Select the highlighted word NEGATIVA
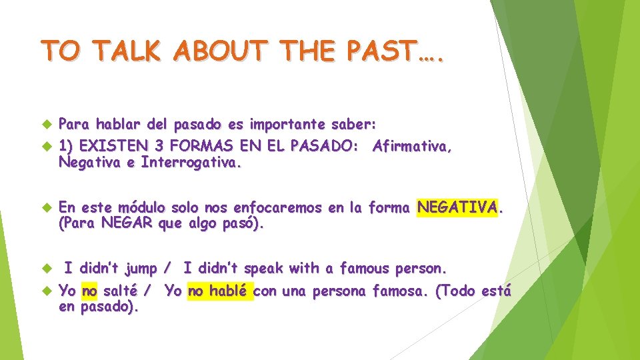[457, 208]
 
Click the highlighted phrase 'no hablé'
[220, 291]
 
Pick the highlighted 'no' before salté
[89, 291]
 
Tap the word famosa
[397, 291]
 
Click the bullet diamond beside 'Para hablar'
[46, 124]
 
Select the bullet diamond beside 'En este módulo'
[46, 208]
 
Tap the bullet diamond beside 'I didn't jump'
[46, 269]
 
